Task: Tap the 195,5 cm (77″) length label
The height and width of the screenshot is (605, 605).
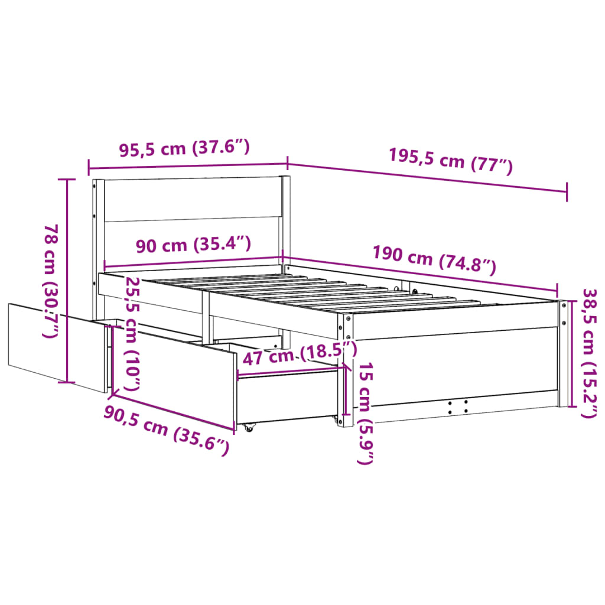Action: (x=450, y=160)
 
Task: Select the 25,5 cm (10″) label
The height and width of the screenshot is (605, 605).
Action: (x=134, y=333)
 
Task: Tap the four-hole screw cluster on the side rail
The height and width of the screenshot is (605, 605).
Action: (x=457, y=406)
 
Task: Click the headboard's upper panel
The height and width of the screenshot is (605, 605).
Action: (x=191, y=200)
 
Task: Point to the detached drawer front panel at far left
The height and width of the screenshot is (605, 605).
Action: (x=56, y=345)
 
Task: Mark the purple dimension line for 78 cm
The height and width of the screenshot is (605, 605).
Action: (x=67, y=281)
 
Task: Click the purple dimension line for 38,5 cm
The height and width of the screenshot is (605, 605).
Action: (x=571, y=353)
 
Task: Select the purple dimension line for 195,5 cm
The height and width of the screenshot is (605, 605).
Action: (x=427, y=178)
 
